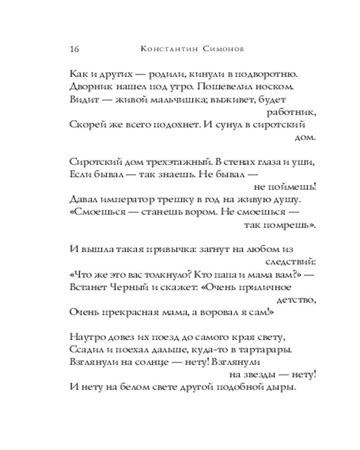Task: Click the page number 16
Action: click(x=75, y=49)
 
